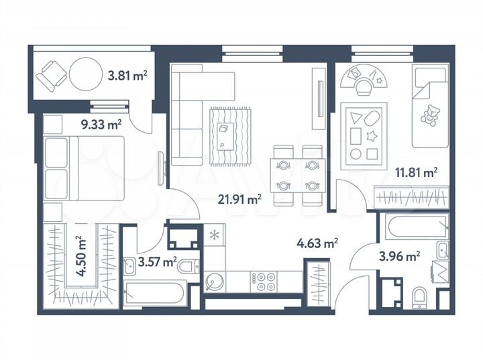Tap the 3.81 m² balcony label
127,76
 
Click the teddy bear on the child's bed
427,115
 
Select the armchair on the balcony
50,75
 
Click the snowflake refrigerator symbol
214,235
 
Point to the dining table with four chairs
296,174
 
